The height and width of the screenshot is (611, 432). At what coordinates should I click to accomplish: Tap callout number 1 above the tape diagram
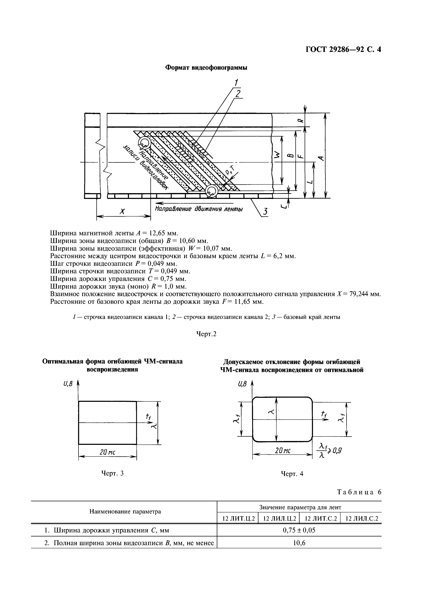click(236, 83)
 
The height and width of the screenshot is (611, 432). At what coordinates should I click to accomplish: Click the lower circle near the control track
click(212, 191)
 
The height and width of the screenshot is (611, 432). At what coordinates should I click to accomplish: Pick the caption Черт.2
click(206, 334)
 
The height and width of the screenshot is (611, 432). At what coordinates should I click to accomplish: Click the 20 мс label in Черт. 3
click(107, 452)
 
